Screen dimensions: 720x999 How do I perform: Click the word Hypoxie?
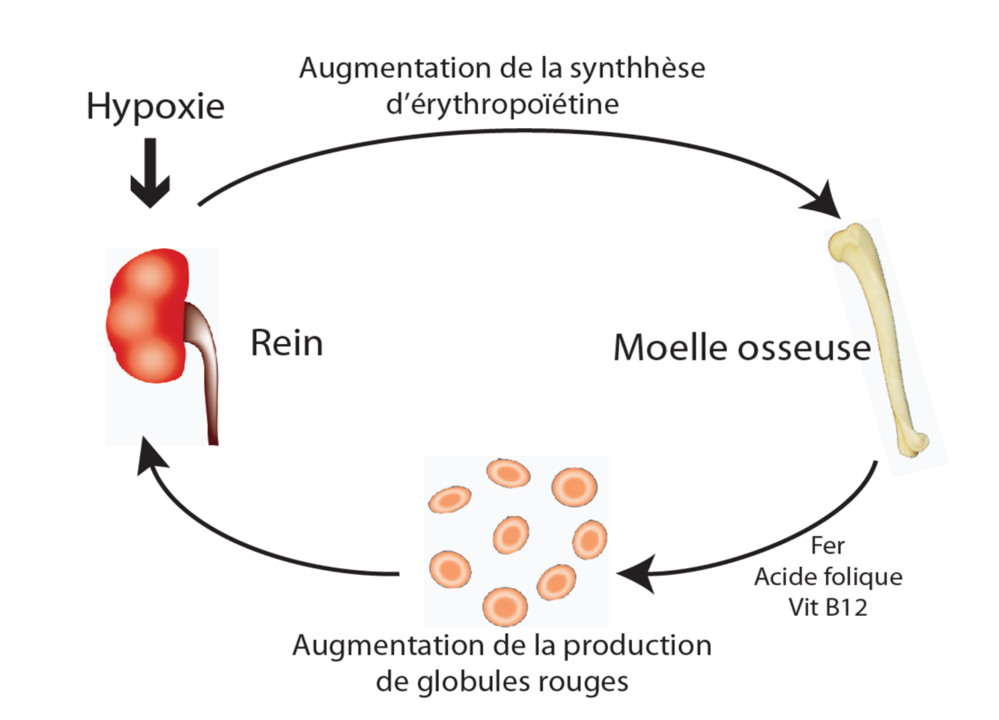click(155, 106)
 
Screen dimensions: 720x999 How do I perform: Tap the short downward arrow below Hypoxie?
click(151, 174)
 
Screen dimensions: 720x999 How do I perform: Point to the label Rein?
click(287, 343)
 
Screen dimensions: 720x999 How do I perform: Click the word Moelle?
click(670, 348)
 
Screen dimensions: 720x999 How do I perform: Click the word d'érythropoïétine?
click(502, 104)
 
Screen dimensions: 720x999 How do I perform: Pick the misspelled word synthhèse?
click(637, 68)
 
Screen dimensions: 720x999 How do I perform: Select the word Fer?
click(828, 545)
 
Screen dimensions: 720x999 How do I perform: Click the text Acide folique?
click(828, 577)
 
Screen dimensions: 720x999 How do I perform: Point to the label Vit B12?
click(828, 607)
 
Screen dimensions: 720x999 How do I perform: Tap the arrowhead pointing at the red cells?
click(635, 574)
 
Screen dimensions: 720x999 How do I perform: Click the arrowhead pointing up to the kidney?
click(151, 458)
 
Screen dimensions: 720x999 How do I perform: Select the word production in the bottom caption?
click(637, 645)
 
